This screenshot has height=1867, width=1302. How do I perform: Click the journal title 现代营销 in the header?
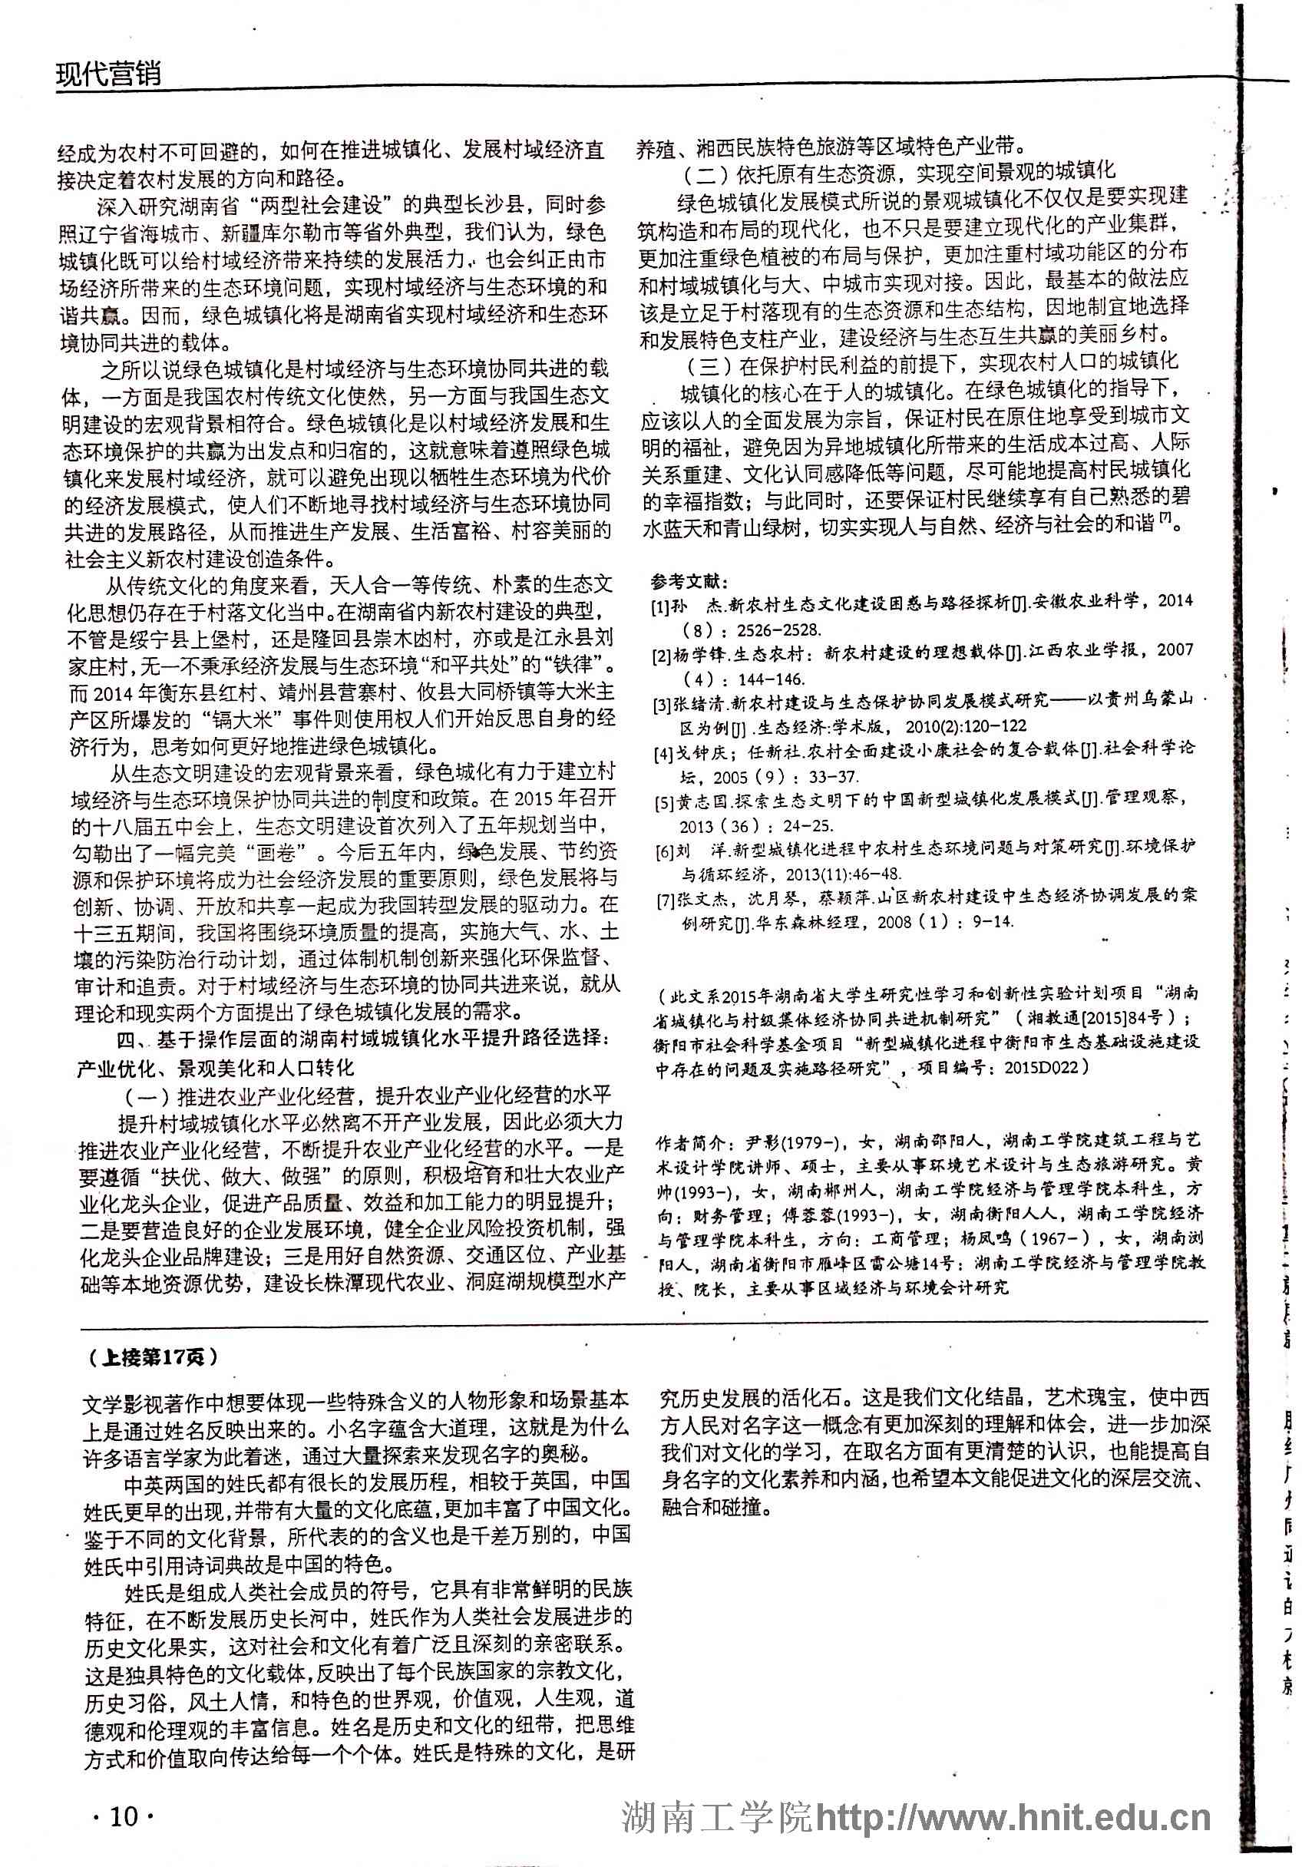[108, 74]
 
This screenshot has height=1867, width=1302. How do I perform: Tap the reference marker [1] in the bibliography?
[660, 606]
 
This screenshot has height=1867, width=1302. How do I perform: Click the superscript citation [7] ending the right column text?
[1165, 520]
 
